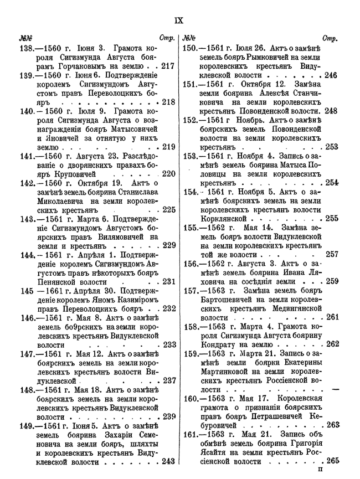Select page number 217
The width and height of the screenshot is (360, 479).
click(x=168, y=66)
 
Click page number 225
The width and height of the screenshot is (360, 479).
click(x=168, y=210)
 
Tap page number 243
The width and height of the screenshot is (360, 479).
click(x=168, y=462)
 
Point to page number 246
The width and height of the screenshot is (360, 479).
click(x=331, y=75)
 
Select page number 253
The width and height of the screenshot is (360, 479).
click(x=332, y=147)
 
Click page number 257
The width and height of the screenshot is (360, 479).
click(x=332, y=255)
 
